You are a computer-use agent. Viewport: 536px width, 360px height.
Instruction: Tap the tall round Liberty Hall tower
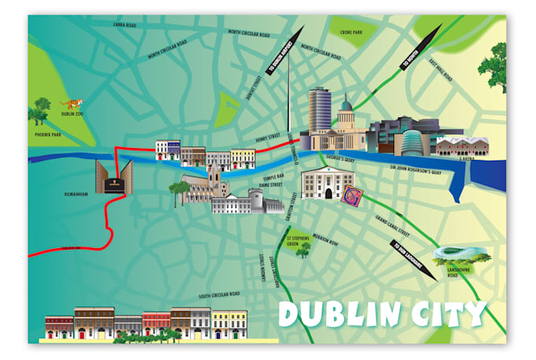[x=318, y=112]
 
